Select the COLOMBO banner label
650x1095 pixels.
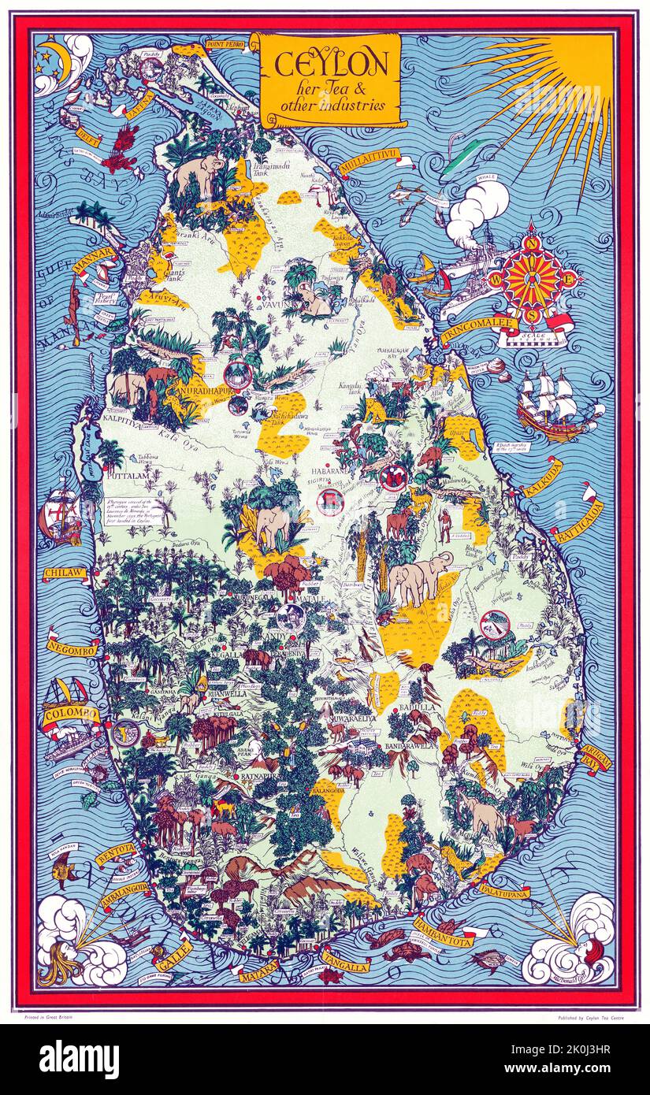click(x=71, y=715)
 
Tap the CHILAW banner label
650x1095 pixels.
click(x=65, y=573)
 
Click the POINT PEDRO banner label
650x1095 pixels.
click(x=226, y=43)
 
